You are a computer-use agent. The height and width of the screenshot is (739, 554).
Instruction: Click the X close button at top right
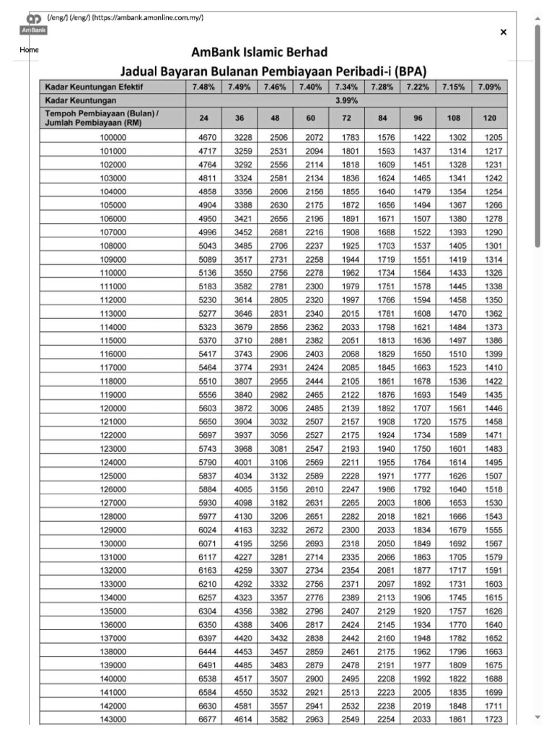[503, 32]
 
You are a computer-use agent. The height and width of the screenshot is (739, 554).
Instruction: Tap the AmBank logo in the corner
[33, 25]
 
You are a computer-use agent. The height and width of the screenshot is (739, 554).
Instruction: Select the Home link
[29, 50]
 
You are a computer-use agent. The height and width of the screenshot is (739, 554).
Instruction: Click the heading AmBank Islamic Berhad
[259, 53]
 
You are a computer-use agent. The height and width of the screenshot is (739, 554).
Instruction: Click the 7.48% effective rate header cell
[203, 87]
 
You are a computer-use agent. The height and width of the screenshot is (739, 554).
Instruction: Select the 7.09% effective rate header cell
[490, 87]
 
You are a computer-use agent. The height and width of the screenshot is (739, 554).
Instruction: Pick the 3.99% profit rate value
[346, 101]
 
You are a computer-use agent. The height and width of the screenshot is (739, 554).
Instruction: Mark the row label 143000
[113, 720]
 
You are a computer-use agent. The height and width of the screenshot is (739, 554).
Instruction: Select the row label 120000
[113, 408]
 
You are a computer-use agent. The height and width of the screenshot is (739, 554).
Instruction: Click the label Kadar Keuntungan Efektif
[94, 87]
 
